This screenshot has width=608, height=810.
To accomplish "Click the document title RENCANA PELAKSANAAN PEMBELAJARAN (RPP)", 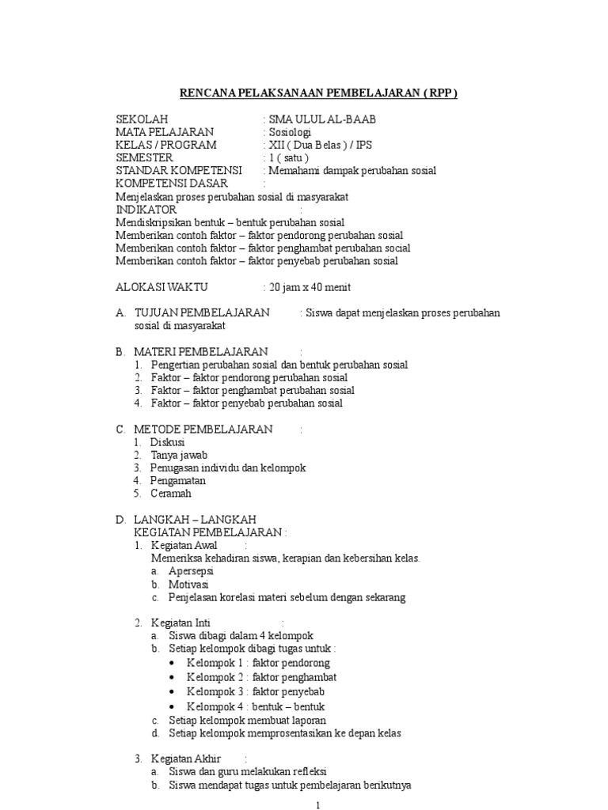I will (319, 93).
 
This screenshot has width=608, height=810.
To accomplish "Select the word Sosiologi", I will (290, 132).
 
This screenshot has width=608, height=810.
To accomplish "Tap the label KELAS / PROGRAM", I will (166, 145).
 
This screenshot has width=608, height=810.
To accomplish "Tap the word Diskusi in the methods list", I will (167, 442).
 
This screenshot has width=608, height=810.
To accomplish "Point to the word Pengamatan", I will (178, 480).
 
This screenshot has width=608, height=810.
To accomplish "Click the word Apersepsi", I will (192, 570).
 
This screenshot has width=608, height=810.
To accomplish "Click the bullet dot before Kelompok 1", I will (173, 663).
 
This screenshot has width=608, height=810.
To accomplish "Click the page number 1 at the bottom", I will (317, 804).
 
